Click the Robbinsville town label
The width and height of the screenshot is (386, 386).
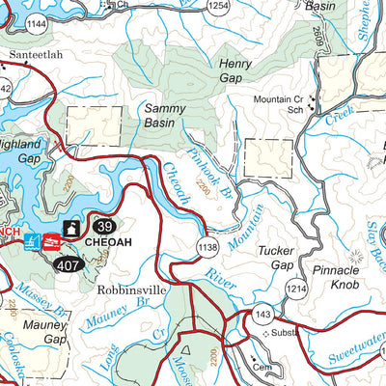coord(131,288)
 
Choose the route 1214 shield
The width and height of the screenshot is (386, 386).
coord(295,288)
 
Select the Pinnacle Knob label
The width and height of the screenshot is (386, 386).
coord(335,279)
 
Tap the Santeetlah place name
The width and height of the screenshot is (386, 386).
coord(36,55)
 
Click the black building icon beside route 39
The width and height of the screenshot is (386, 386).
coord(70,229)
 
